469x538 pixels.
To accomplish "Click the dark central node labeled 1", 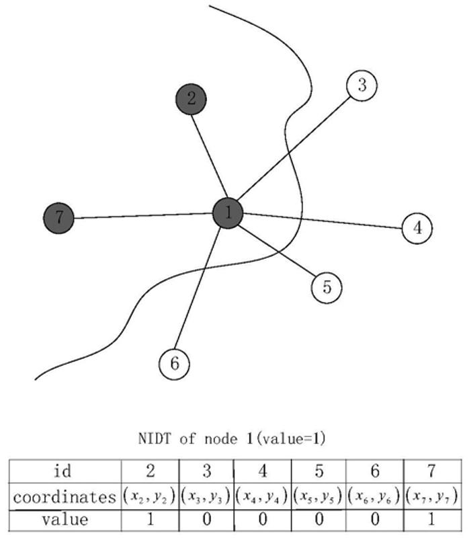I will click(228, 213).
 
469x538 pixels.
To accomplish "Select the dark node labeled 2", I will click(191, 100).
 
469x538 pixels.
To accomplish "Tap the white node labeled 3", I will click(361, 85).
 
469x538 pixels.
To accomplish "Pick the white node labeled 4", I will click(417, 228).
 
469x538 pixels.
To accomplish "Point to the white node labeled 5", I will click(327, 287).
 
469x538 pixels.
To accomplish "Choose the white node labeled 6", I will click(175, 364).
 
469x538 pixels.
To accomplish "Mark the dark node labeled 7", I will click(59, 217).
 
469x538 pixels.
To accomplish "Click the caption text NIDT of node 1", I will click(231, 439).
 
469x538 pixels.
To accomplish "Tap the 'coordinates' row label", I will click(65, 497).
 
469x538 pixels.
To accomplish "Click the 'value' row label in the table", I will click(65, 519).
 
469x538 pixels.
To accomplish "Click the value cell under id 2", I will click(151, 519).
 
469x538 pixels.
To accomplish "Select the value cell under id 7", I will click(433, 519).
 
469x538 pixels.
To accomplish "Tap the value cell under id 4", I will click(263, 519).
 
